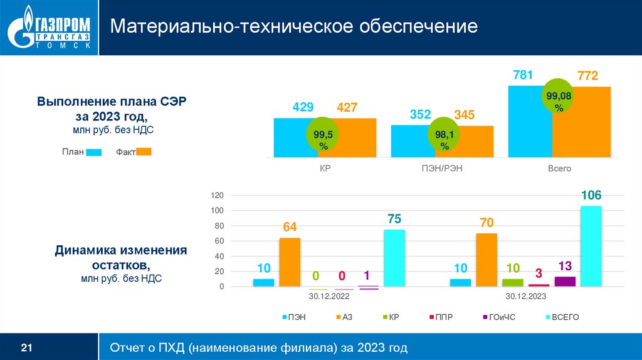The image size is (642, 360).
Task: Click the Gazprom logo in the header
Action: (49, 28)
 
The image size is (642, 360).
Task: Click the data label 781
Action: (522, 75)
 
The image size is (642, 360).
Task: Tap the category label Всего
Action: (559, 169)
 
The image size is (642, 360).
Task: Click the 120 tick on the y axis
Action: (217, 196)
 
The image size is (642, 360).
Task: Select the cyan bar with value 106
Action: (591, 246)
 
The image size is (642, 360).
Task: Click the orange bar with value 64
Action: (290, 262)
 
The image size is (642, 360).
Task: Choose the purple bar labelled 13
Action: (565, 281)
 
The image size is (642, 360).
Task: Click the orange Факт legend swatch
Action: (144, 151)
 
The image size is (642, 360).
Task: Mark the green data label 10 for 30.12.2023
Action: (512, 268)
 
